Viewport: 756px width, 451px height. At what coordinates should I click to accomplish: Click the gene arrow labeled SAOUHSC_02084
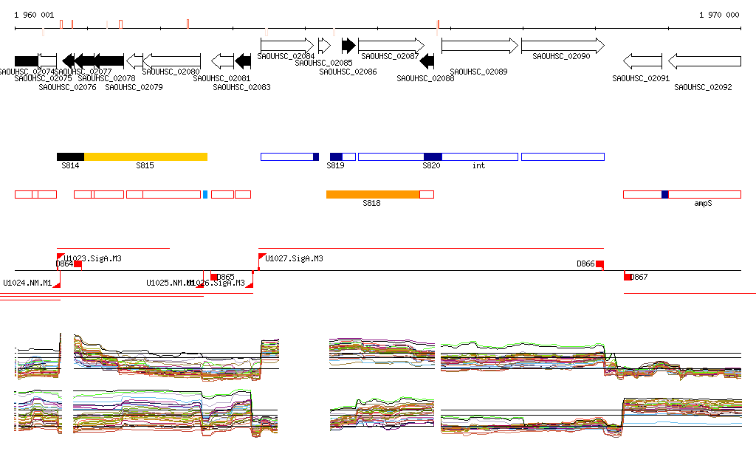[287, 45]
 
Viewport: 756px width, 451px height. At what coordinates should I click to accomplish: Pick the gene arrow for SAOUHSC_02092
[704, 61]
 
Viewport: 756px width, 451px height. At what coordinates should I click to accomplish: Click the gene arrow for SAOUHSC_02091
[642, 61]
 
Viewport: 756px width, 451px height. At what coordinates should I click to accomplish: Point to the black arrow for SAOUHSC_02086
[348, 45]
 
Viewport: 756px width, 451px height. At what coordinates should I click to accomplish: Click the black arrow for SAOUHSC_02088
[427, 61]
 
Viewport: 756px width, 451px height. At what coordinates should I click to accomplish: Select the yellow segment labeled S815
[145, 156]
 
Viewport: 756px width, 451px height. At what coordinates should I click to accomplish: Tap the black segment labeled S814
[70, 156]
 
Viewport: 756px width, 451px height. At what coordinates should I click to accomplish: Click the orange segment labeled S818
[373, 194]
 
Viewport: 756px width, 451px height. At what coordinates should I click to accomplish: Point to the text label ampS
[703, 202]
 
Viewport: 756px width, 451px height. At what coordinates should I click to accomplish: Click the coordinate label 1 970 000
[718, 15]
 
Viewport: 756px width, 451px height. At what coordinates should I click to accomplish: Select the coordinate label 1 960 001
[34, 15]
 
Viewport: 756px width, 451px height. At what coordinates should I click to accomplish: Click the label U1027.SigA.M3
[294, 259]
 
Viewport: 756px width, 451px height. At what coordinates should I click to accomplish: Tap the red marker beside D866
[600, 264]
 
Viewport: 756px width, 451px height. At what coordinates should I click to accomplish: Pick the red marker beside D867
[628, 277]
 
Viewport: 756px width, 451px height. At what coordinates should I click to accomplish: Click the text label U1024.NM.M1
[27, 283]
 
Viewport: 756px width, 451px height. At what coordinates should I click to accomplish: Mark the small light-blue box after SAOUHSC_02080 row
[205, 194]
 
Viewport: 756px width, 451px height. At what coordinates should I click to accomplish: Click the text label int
[478, 166]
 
